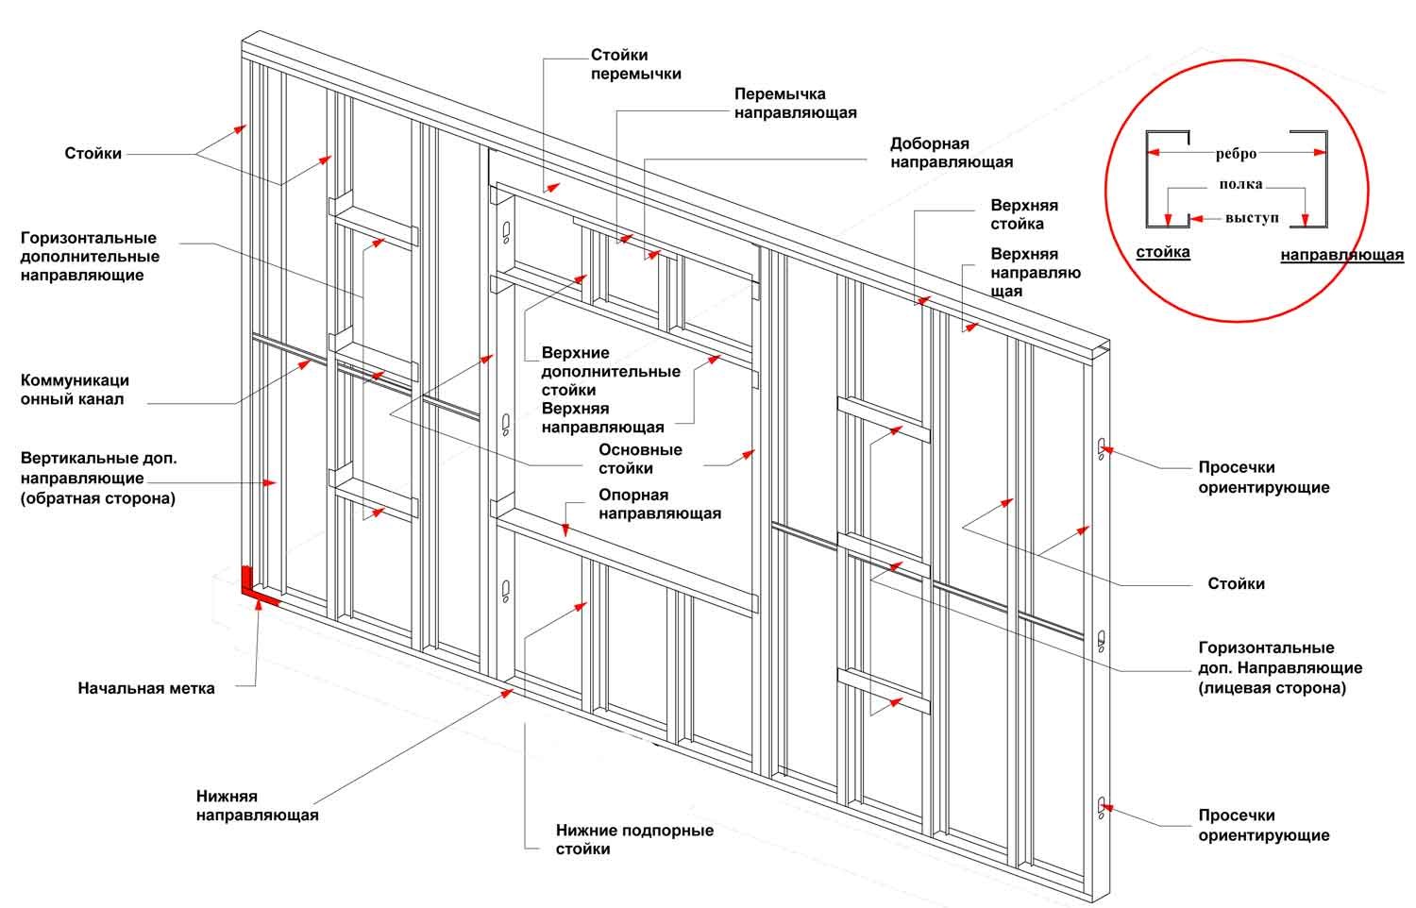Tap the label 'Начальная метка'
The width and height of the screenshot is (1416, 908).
pyautogui.click(x=146, y=688)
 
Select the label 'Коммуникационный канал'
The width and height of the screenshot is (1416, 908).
pyautogui.click(x=75, y=390)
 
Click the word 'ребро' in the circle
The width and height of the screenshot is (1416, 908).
pyautogui.click(x=1236, y=154)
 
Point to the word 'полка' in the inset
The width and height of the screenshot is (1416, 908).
pyautogui.click(x=1239, y=185)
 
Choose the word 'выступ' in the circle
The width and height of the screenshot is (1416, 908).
pyautogui.click(x=1252, y=218)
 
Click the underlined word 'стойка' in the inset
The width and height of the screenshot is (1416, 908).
pyautogui.click(x=1162, y=252)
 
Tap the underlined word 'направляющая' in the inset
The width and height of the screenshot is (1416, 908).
pyautogui.click(x=1341, y=255)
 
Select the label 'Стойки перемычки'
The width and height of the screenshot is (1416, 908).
pyautogui.click(x=635, y=64)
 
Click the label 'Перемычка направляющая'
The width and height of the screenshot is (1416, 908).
pyautogui.click(x=795, y=103)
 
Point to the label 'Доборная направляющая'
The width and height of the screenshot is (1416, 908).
pyautogui.click(x=951, y=153)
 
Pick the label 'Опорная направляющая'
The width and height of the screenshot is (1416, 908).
pyautogui.click(x=659, y=504)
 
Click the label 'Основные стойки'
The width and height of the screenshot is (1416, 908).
pyautogui.click(x=639, y=459)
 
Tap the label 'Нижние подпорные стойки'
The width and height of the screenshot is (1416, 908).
pyautogui.click(x=633, y=839)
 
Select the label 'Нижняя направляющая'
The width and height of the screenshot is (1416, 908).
pyautogui.click(x=257, y=806)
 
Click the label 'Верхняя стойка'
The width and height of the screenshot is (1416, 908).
pyautogui.click(x=1023, y=214)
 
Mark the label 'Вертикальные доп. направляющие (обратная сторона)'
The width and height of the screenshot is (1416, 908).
pyautogui.click(x=98, y=478)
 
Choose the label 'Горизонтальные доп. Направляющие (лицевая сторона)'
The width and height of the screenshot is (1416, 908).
pyautogui.click(x=1279, y=667)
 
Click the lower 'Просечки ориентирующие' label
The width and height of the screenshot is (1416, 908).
pyautogui.click(x=1263, y=825)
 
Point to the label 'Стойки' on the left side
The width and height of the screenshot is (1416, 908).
pyautogui.click(x=93, y=153)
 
